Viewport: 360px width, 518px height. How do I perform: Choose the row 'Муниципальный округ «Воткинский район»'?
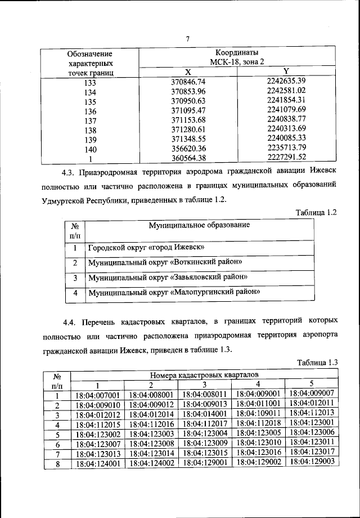pos(165,262)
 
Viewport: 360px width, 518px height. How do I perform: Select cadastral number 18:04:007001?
pos(98,395)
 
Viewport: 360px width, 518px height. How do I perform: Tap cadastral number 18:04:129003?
pos(312,461)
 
